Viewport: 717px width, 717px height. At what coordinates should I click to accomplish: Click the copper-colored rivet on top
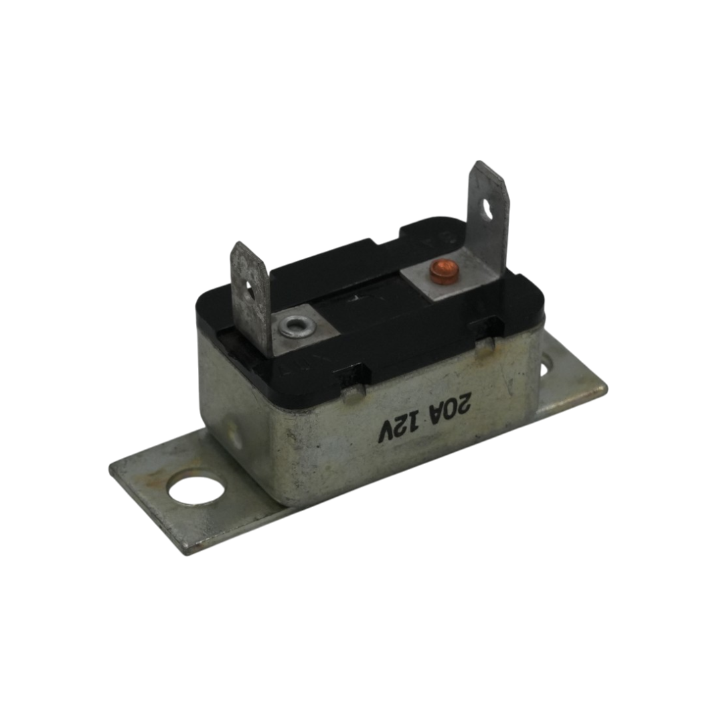click(440, 272)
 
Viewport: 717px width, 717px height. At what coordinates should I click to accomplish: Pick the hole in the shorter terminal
click(249, 290)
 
